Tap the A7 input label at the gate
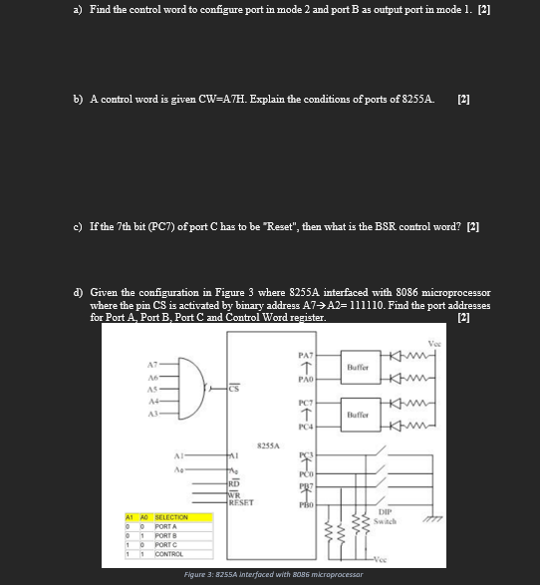coord(153,364)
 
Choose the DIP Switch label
coord(387,516)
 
